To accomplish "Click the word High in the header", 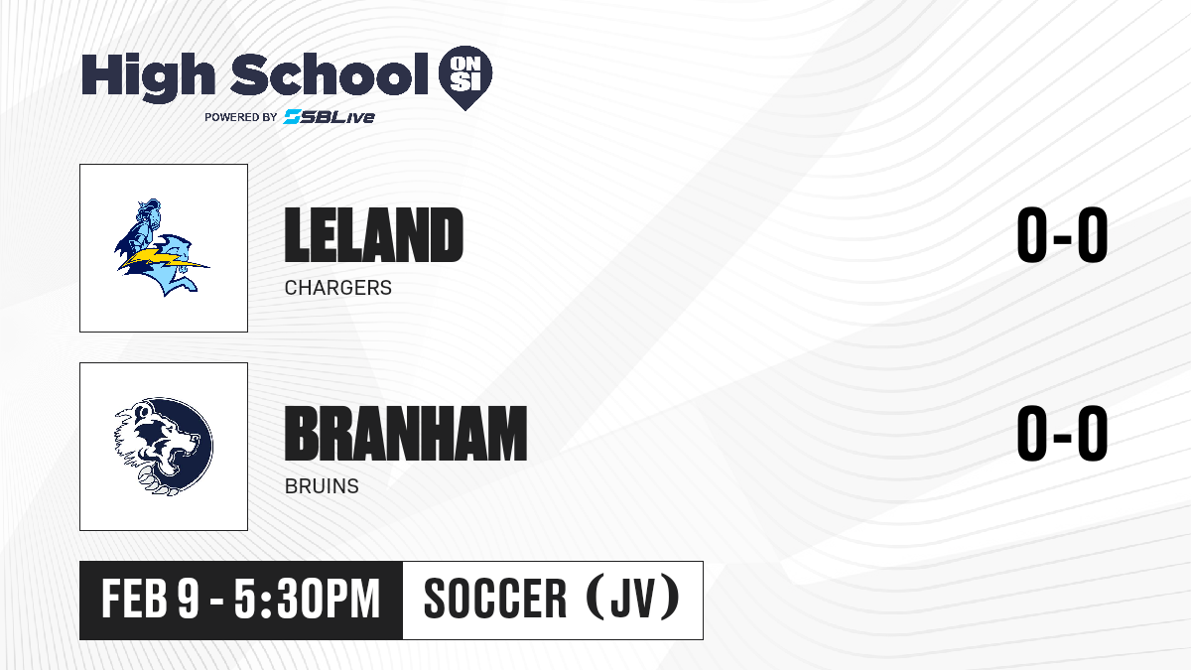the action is pos(149,77).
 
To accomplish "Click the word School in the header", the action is pos(330,74).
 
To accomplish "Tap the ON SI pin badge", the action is pos(465,76).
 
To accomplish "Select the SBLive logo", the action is pos(330,116).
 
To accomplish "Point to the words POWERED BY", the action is pos(241,117).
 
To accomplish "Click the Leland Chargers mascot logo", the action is pos(162,247).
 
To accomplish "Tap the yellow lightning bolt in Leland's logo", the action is pos(162,259).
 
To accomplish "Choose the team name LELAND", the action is pos(374,234).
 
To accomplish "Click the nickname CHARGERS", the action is pos(338,288).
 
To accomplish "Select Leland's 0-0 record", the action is pos(1062,234).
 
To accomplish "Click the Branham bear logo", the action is pos(164,447).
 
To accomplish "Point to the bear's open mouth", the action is pos(181,458).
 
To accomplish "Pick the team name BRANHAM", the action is pos(406,433).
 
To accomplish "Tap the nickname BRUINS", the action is pos(322,486).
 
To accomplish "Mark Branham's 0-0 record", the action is pos(1062,433).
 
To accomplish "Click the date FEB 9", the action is pos(151,599).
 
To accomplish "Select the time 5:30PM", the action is pos(307,599).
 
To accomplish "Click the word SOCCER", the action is pos(495,599).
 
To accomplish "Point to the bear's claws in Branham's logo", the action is pos(154,480).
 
